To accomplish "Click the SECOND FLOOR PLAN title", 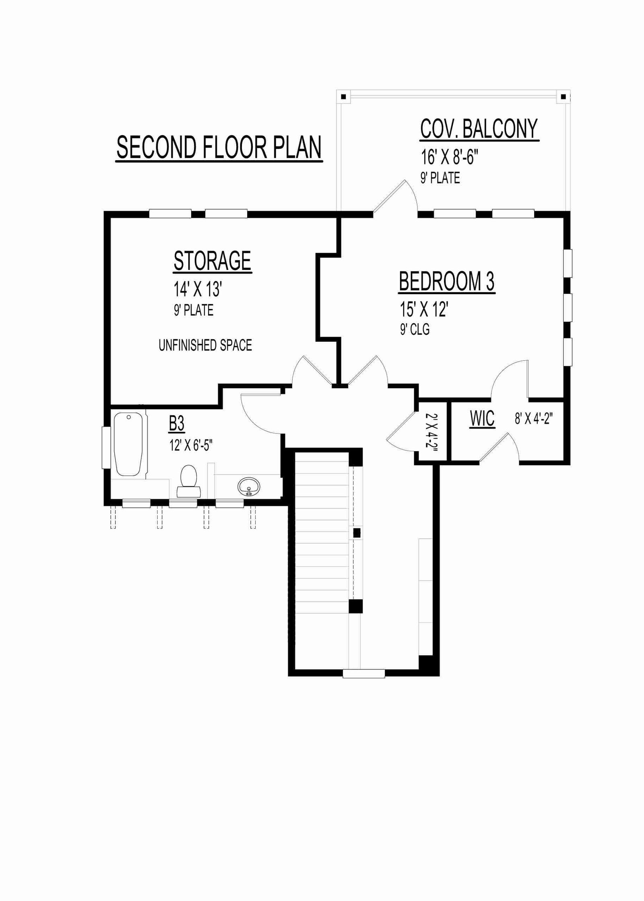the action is pyautogui.click(x=219, y=148).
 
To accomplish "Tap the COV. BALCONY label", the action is pyautogui.click(x=479, y=129).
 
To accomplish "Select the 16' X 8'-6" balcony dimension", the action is pyautogui.click(x=450, y=157).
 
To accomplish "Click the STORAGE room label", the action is pyautogui.click(x=213, y=261).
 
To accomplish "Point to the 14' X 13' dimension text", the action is pyautogui.click(x=198, y=289).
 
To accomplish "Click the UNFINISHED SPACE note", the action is pyautogui.click(x=205, y=345).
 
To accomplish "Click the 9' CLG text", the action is pyautogui.click(x=415, y=330).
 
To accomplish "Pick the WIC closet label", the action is pyautogui.click(x=482, y=419).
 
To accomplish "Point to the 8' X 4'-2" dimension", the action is pyautogui.click(x=534, y=419).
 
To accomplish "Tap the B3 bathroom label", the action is pyautogui.click(x=177, y=424).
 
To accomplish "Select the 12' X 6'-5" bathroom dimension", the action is pyautogui.click(x=191, y=445).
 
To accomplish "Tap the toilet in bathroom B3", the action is pyautogui.click(x=188, y=481).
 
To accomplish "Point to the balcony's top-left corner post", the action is pyautogui.click(x=343, y=97).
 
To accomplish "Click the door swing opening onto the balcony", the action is pyautogui.click(x=396, y=196).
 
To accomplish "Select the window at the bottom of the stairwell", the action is pyautogui.click(x=364, y=674).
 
